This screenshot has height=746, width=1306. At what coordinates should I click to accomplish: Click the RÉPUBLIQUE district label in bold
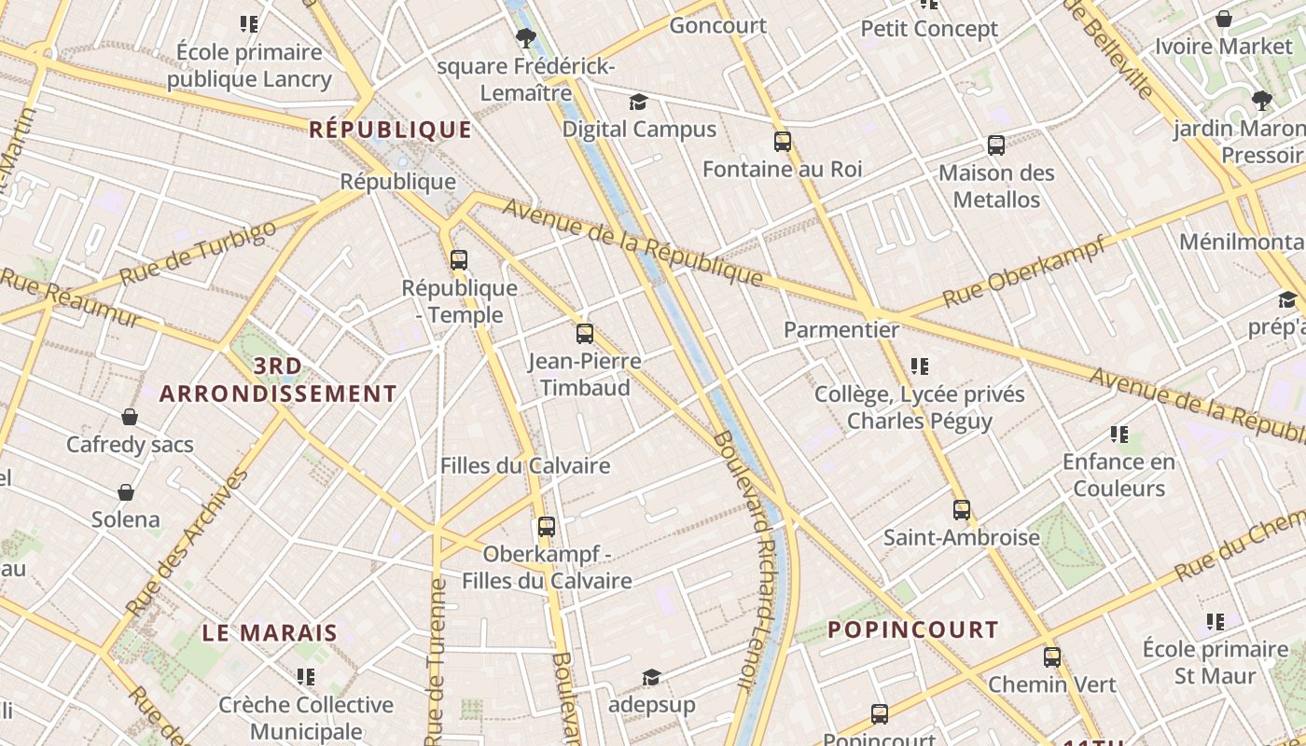pos(390,130)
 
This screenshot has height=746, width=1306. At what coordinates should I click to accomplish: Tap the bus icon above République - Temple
pos(458,260)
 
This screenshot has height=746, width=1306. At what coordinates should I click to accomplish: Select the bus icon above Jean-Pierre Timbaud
pos(585,334)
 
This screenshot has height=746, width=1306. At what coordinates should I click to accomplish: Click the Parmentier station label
pos(841,329)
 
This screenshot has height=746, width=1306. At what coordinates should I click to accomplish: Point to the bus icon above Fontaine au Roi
pos(782,142)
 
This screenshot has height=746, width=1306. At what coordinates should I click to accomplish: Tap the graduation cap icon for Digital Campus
pos(638,103)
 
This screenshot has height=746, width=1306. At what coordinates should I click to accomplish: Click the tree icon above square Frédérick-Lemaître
pos(526,38)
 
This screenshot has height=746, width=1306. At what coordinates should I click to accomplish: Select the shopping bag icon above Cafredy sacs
pos(130,417)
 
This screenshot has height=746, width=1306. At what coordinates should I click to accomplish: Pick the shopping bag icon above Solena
pos(126,492)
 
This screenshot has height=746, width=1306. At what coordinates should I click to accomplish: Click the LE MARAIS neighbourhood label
pos(270,632)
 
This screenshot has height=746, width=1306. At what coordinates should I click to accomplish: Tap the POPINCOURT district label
pos(912,629)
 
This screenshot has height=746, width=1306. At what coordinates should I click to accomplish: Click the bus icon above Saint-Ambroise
pos(962,510)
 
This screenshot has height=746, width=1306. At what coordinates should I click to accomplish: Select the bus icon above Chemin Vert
pos(1052,656)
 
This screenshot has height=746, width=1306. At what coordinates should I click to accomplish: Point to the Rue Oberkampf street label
pos(1023,271)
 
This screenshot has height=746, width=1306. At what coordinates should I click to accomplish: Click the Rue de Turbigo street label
pos(198,253)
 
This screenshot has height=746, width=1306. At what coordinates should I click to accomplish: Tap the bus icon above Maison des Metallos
pos(996,145)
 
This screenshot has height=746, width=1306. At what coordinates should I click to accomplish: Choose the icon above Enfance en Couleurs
pos(1119,435)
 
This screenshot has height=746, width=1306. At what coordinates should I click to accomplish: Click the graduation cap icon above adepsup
pos(651,677)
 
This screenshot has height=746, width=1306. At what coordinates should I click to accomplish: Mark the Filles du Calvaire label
pos(525,465)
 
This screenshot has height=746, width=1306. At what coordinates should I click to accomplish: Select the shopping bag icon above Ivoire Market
pos(1224,19)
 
